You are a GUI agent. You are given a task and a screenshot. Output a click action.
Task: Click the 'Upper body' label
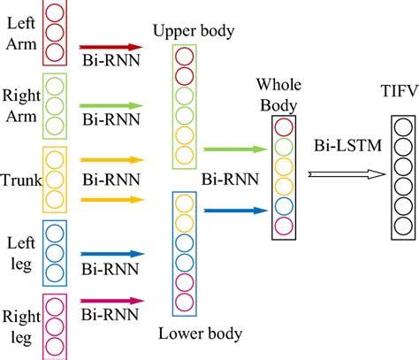(193, 33)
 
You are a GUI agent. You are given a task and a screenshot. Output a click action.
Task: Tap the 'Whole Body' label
(278, 95)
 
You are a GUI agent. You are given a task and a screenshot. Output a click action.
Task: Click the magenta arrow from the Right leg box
(110, 301)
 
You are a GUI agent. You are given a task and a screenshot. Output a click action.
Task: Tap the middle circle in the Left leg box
(55, 250)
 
